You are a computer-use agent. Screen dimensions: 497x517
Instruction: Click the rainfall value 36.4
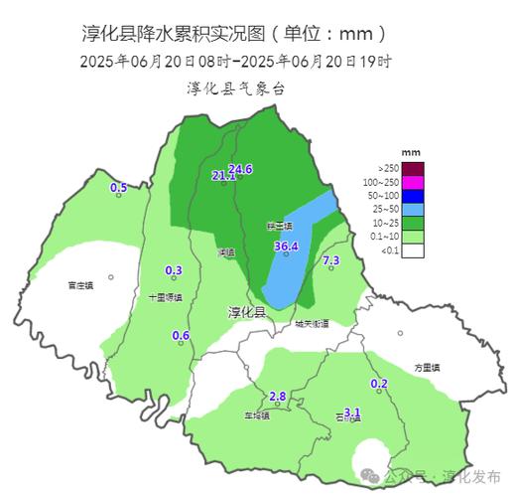pos(286,246)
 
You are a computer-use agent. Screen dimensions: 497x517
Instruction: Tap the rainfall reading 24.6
pos(240,169)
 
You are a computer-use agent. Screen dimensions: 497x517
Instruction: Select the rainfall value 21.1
pos(224,176)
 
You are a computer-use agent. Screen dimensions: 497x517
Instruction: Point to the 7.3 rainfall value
pos(331,260)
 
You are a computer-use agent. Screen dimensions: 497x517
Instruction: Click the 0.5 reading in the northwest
pos(118,187)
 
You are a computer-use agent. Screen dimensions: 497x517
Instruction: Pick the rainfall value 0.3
pos(174,270)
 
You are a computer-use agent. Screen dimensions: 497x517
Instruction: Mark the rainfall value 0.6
pos(181,335)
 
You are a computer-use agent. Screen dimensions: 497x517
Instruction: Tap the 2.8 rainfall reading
pos(278,397)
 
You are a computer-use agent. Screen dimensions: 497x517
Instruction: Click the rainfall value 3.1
pos(351,412)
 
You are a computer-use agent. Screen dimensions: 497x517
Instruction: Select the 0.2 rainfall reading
pos(378,384)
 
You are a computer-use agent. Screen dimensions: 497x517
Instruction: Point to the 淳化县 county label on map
pos(247,312)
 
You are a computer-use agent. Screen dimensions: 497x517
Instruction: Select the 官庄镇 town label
pos(80,285)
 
